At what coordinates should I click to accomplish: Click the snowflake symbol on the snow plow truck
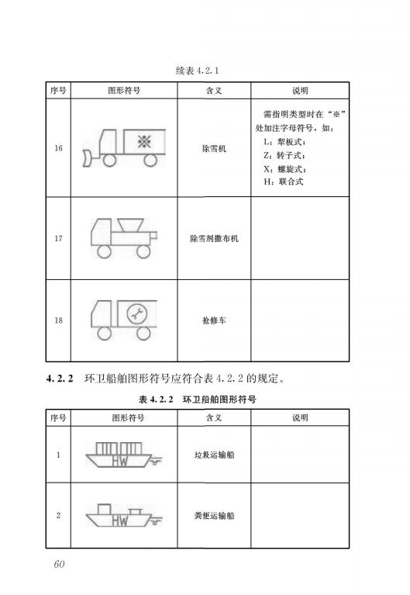click(144, 141)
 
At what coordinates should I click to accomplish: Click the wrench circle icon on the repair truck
click(137, 314)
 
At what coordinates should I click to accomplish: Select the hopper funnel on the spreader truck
click(130, 225)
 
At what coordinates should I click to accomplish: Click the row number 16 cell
click(58, 148)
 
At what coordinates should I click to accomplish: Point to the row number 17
click(58, 238)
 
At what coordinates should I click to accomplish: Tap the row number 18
click(58, 320)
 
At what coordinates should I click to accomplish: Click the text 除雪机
click(214, 148)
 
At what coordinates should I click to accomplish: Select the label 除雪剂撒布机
click(214, 238)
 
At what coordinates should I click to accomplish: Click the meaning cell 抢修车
click(214, 320)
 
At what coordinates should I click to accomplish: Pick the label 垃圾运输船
click(214, 455)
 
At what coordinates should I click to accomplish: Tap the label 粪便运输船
click(214, 515)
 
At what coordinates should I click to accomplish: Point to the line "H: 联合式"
click(284, 182)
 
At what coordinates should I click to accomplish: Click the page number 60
click(59, 564)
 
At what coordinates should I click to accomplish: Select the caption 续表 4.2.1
click(197, 70)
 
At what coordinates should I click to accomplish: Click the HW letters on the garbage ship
click(120, 461)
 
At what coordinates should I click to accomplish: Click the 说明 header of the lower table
click(300, 418)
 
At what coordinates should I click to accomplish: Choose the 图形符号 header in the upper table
click(124, 90)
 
